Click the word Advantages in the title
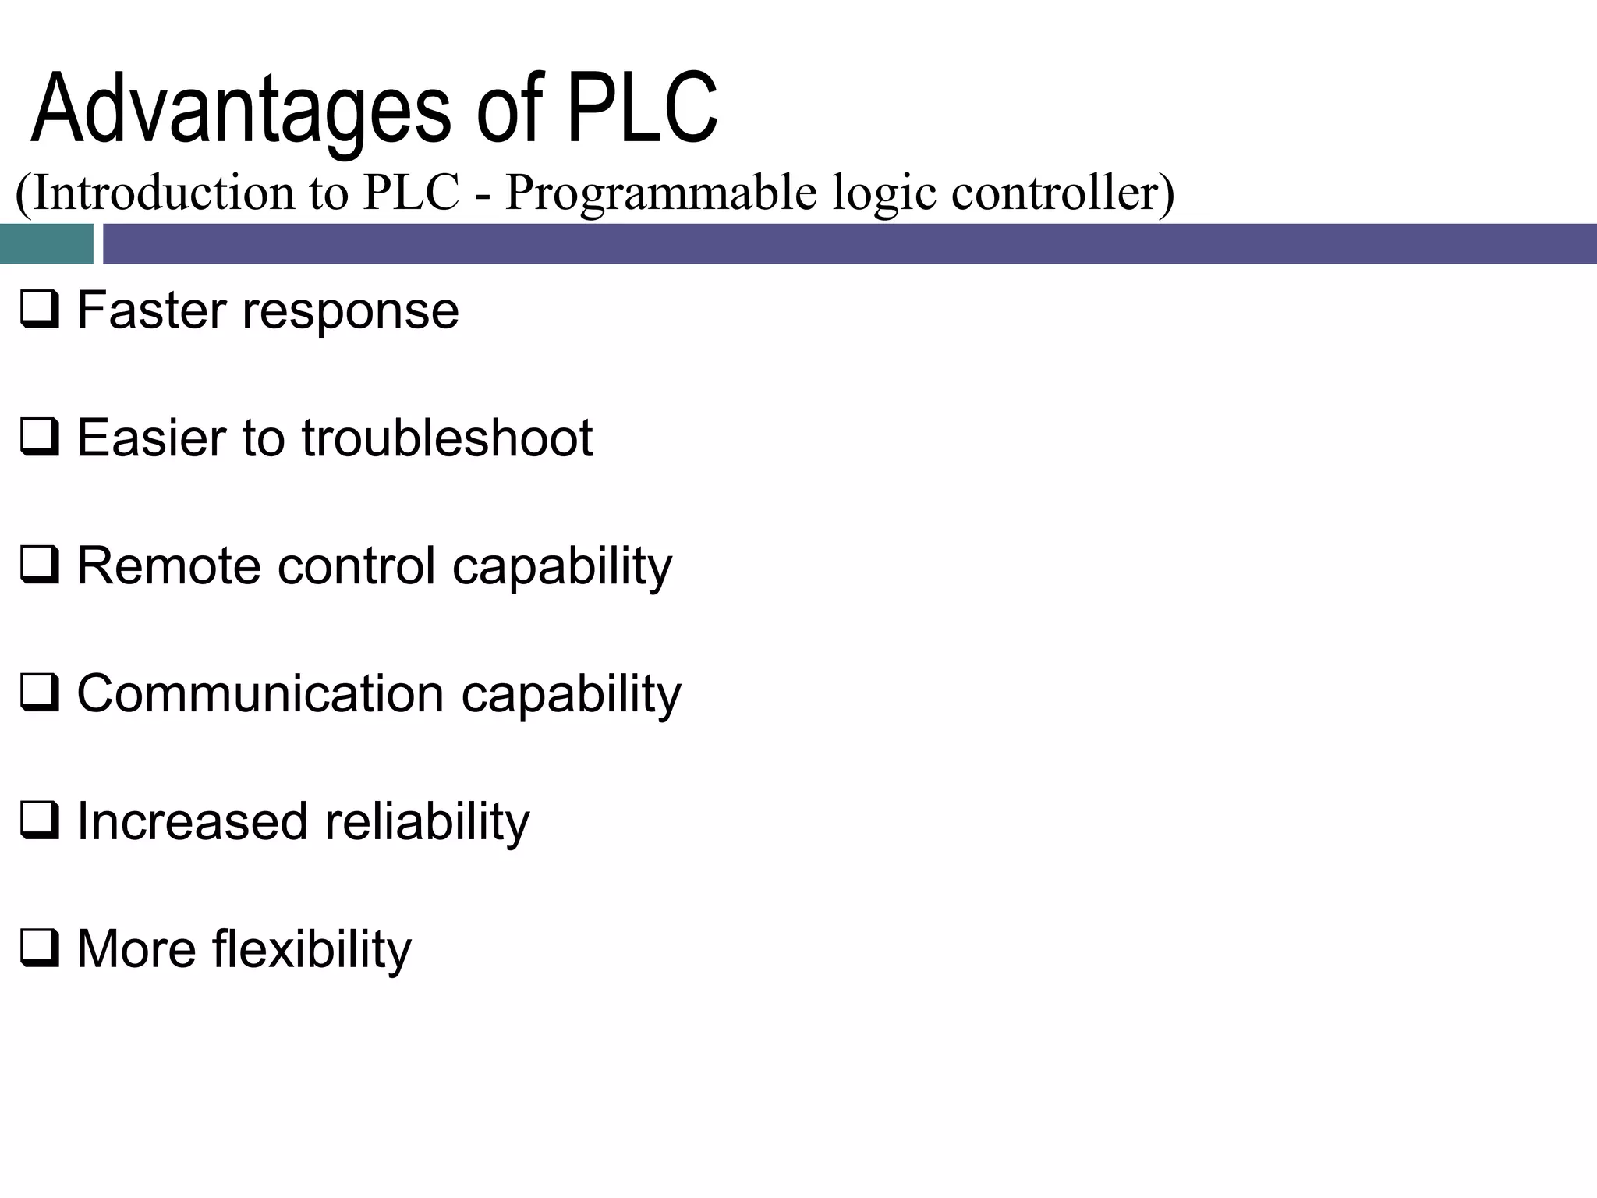[240, 109]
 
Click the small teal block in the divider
[46, 243]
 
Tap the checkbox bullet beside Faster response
[39, 310]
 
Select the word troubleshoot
[447, 438]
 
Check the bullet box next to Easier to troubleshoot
[39, 438]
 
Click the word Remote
[168, 565]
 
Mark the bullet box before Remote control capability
[39, 565]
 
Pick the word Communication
[260, 693]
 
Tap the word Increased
[192, 821]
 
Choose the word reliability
[427, 823]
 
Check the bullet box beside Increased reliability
[39, 821]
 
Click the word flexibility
[311, 950]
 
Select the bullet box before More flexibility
[39, 949]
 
